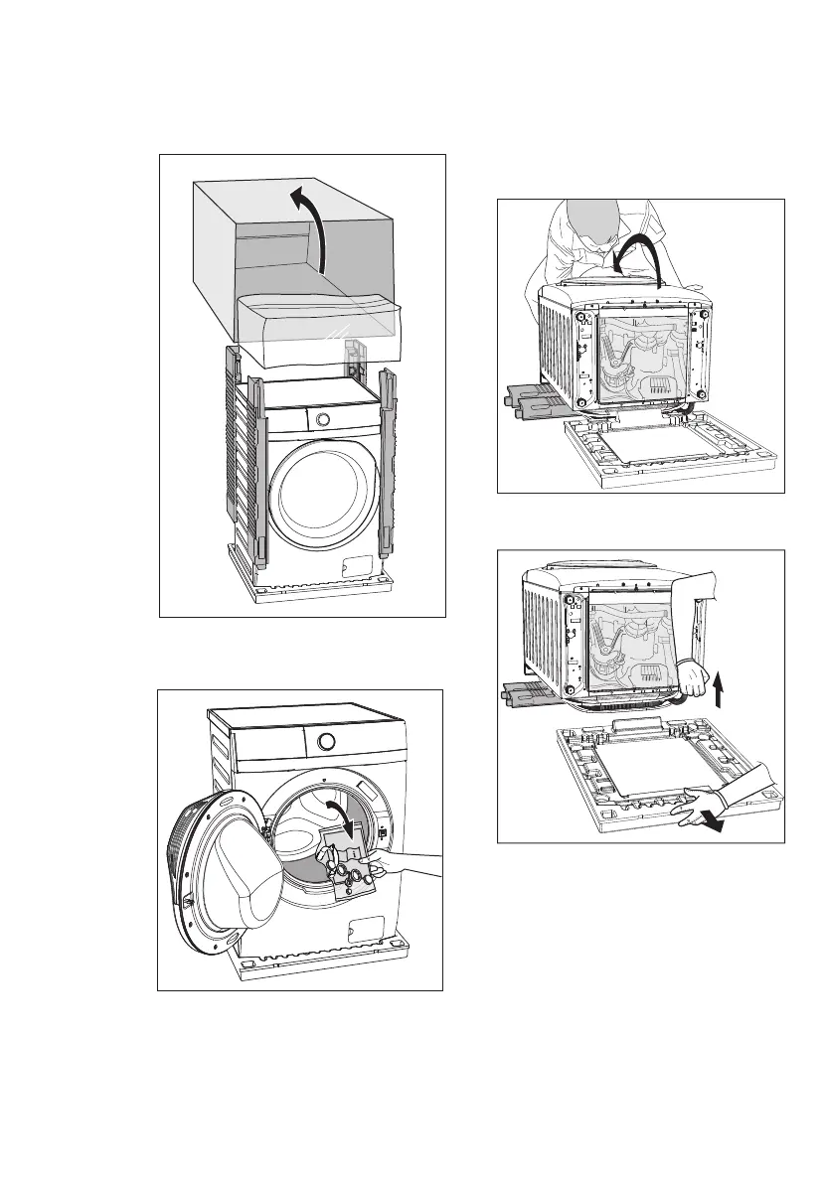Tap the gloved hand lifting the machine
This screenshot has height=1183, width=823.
[689, 679]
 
